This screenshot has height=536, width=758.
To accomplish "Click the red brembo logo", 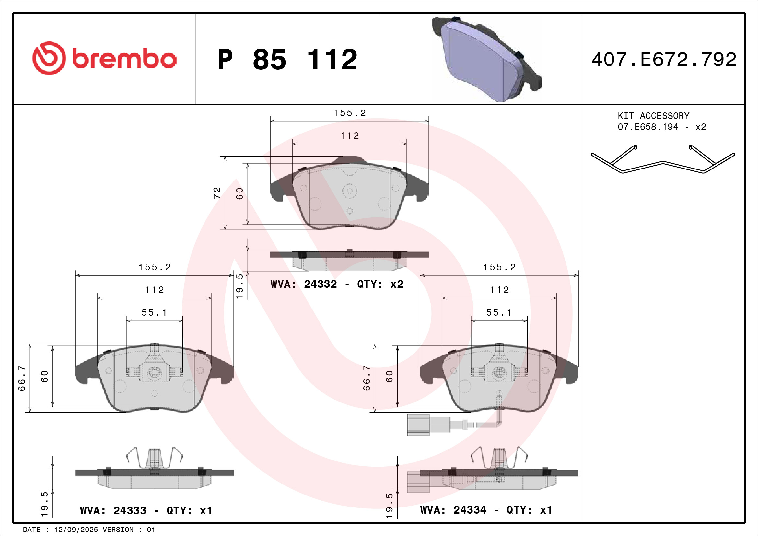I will click(104, 58).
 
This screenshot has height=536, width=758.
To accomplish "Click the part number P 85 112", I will click(287, 60).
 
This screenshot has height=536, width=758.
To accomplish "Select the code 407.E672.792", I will click(664, 60).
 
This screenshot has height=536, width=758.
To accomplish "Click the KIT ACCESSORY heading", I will click(653, 116).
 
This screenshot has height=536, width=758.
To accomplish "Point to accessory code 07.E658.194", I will click(648, 127).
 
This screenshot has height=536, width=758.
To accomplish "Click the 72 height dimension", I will click(216, 193).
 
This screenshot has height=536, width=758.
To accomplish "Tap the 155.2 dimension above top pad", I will click(350, 113).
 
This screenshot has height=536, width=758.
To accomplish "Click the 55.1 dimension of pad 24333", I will click(154, 312).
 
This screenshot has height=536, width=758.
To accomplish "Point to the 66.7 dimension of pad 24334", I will click(367, 378).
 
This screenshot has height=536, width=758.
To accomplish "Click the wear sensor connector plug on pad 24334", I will click(418, 425).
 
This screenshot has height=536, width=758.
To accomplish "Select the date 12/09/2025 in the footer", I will click(76, 530).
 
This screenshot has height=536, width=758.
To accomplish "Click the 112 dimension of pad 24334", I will click(499, 290).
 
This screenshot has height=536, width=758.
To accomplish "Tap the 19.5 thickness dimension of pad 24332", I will click(239, 286).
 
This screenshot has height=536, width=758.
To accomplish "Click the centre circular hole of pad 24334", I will click(499, 373).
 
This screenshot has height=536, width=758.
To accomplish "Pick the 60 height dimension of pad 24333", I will click(45, 376).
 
